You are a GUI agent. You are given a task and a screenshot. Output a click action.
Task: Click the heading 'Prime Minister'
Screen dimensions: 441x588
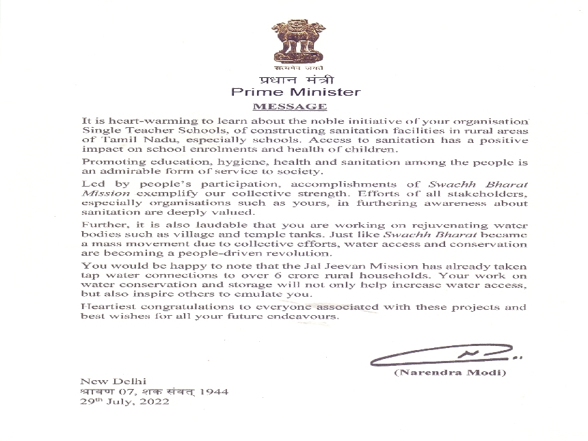point(295,92)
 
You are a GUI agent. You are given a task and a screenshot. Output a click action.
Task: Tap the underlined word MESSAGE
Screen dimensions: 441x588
point(290,107)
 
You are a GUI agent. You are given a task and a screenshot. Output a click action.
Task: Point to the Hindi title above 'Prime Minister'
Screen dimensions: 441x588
point(295,80)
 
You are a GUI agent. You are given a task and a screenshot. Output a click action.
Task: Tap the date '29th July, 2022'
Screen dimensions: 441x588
point(124,402)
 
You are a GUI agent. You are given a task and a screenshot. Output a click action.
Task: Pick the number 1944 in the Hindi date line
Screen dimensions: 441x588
point(214,392)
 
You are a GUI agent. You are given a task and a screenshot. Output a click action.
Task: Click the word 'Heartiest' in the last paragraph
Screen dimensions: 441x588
point(103,307)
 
